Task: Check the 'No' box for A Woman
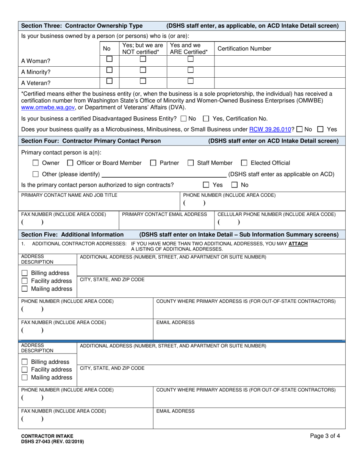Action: click(x=109, y=59)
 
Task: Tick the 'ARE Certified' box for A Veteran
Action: click(x=191, y=81)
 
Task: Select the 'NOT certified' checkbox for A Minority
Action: click(x=142, y=70)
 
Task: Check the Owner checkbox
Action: click(x=36, y=163)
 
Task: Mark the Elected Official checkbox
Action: click(x=244, y=163)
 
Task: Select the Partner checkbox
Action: click(x=153, y=163)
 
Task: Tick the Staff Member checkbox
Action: click(x=191, y=163)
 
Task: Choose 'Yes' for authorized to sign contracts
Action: click(x=206, y=185)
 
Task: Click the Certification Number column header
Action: click(x=244, y=48)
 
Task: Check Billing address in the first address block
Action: click(x=25, y=273)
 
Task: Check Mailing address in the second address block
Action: click(x=25, y=377)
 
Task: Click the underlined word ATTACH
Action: click(x=298, y=244)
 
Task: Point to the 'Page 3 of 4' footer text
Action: click(x=325, y=436)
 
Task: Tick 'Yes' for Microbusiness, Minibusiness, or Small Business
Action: click(x=320, y=129)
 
